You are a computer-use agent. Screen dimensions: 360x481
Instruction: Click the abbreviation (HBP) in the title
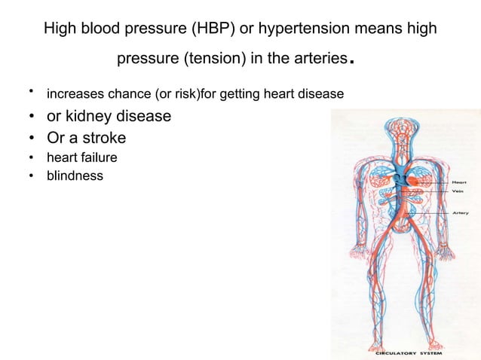click(x=210, y=29)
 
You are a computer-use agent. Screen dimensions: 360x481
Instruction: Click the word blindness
click(x=75, y=176)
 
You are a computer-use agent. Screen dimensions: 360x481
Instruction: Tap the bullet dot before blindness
click(x=31, y=176)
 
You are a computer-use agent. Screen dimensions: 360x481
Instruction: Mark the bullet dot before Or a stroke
click(x=31, y=139)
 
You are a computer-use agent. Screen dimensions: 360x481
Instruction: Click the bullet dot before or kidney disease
click(x=31, y=117)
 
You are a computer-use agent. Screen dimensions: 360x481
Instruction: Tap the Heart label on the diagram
click(x=459, y=182)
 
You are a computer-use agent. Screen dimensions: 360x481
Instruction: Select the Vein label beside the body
click(x=457, y=191)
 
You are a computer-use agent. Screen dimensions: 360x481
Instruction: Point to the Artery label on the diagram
click(x=460, y=212)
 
